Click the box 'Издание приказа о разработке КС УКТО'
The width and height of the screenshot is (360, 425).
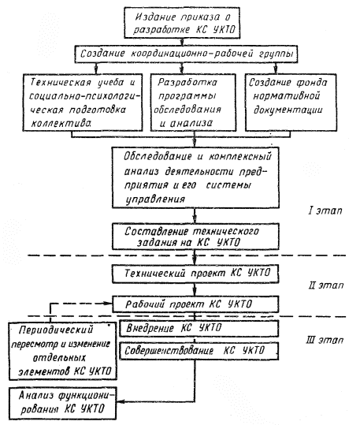click(182, 23)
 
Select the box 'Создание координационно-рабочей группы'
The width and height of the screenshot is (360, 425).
click(186, 54)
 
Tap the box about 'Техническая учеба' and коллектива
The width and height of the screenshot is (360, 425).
click(83, 103)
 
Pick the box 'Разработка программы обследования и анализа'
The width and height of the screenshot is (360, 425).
click(193, 103)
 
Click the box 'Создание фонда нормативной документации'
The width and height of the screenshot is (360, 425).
click(291, 103)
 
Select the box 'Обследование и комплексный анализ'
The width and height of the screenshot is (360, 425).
click(195, 177)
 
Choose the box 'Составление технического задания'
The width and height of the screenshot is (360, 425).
click(195, 237)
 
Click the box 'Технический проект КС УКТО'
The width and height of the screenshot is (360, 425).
click(195, 274)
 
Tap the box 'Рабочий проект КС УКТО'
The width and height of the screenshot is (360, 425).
click(195, 304)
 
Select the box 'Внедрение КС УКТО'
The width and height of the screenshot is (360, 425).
click(199, 329)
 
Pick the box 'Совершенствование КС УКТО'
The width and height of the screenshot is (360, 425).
click(199, 351)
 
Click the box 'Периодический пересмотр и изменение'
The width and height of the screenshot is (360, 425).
click(63, 351)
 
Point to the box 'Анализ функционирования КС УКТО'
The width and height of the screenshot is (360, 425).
click(63, 404)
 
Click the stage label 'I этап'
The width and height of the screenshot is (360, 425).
click(325, 211)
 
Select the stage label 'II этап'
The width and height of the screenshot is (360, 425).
click(326, 285)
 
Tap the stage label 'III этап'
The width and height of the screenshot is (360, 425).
click(325, 340)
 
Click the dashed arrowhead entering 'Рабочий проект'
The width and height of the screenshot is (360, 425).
click(109, 304)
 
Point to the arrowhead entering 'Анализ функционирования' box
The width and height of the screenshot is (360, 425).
click(121, 401)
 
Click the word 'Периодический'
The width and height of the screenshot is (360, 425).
click(56, 330)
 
